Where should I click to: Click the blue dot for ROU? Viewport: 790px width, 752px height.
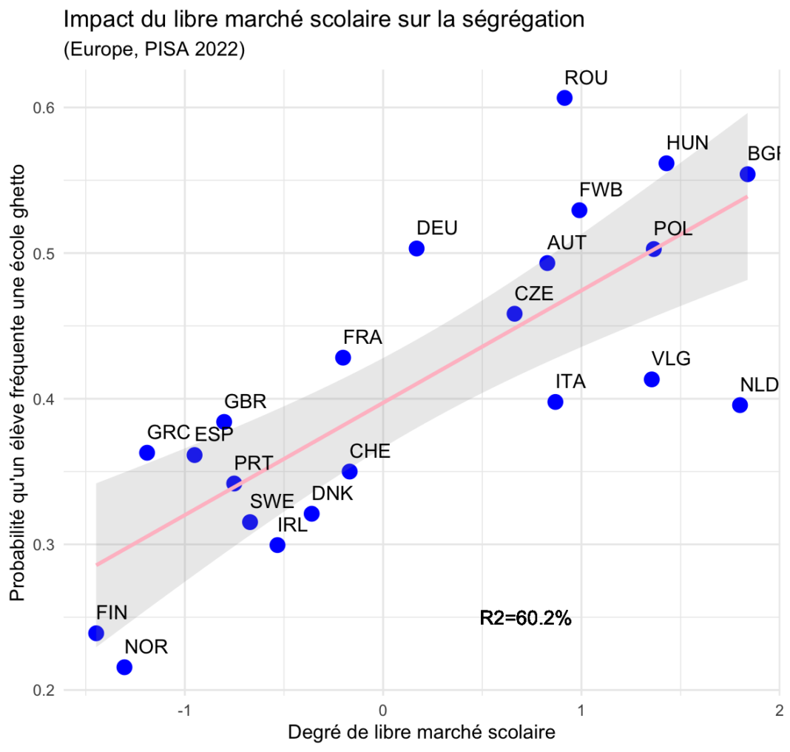click(564, 98)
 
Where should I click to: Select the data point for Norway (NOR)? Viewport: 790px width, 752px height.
click(124, 667)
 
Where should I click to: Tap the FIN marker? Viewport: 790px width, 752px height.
click(96, 633)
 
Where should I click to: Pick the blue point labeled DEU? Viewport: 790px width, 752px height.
click(416, 248)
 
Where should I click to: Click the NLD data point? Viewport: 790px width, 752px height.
click(740, 404)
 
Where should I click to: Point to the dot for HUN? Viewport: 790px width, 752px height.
click(666, 163)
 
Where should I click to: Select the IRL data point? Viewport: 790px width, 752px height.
click(277, 545)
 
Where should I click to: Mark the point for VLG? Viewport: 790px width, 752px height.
click(652, 379)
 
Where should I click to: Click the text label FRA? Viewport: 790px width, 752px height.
click(362, 338)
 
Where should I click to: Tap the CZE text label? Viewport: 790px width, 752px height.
click(533, 294)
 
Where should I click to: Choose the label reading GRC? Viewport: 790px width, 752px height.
click(169, 433)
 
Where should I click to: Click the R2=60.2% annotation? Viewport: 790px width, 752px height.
click(525, 618)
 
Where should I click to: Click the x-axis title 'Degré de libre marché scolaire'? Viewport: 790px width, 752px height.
click(421, 733)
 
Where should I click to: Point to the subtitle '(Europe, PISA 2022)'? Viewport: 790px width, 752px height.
click(155, 50)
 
